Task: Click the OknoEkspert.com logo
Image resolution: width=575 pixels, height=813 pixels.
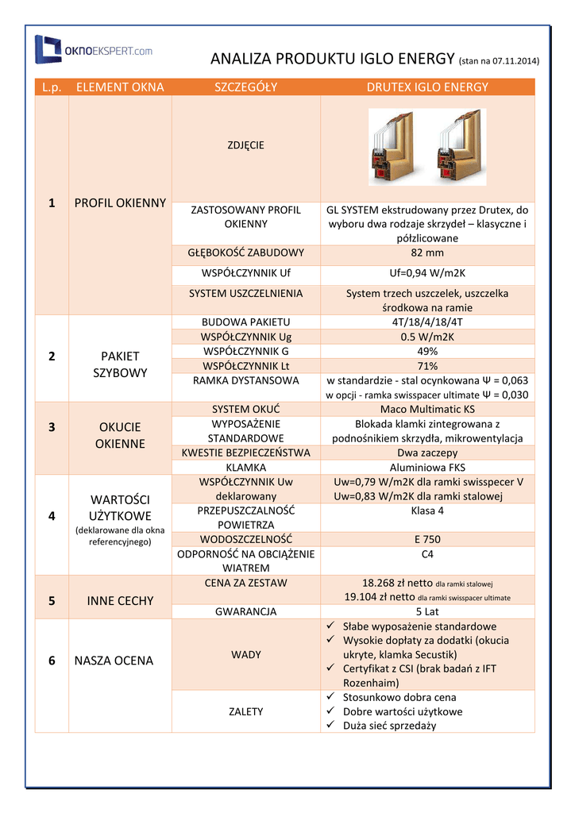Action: [94, 50]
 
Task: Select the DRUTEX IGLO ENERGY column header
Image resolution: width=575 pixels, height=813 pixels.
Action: [427, 87]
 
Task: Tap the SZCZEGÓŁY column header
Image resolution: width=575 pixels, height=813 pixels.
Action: [246, 87]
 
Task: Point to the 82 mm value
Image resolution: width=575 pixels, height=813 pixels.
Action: [427, 253]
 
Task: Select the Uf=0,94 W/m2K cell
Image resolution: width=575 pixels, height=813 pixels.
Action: [427, 273]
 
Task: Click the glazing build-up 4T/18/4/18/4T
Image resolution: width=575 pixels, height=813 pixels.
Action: [427, 322]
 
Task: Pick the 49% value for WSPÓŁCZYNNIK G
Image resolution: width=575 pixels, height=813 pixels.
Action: [427, 351]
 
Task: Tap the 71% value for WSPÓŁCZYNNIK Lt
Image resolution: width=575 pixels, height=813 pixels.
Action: [427, 366]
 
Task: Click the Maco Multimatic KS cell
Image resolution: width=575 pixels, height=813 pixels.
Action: [427, 409]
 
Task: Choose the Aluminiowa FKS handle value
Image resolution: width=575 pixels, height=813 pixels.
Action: [427, 467]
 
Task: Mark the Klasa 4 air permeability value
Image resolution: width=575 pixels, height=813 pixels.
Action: [427, 511]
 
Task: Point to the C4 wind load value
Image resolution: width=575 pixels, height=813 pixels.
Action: [427, 554]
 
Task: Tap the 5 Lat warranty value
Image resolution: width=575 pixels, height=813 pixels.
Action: [427, 611]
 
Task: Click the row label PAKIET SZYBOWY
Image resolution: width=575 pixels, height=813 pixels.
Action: [120, 364]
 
